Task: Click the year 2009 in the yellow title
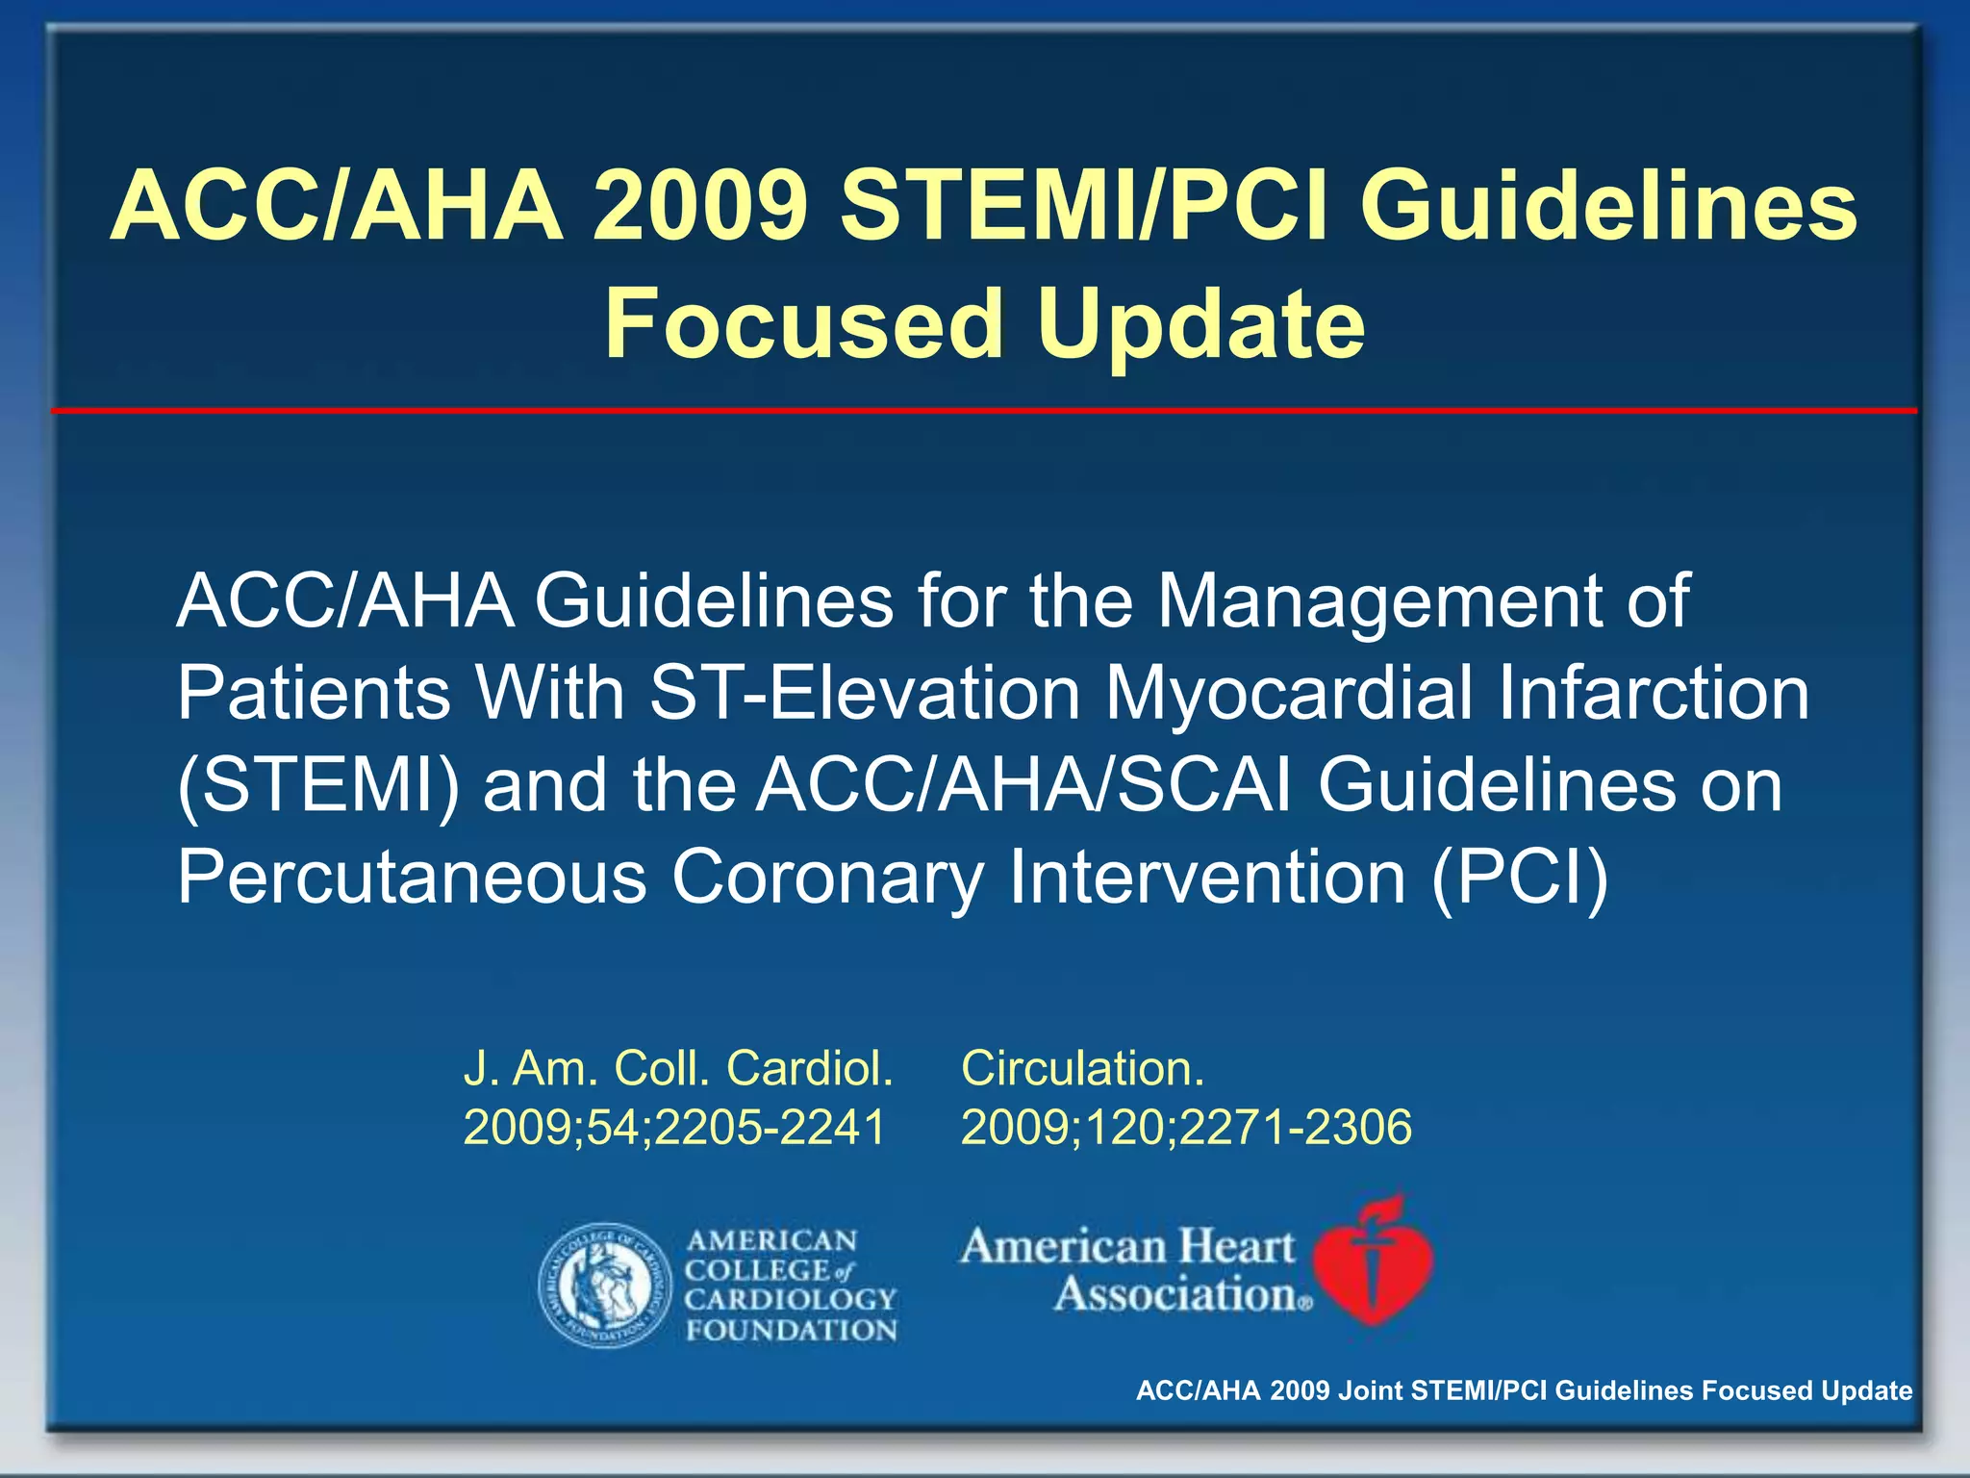699,206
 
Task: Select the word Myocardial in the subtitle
1289,694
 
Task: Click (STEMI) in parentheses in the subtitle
318,785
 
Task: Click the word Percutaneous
412,877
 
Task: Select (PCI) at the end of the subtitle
1519,877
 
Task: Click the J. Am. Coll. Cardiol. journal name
678,1068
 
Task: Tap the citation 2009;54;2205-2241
673,1127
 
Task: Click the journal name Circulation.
1082,1068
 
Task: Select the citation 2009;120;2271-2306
1186,1127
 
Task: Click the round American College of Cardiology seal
605,1286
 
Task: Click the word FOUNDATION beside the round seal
791,1331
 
